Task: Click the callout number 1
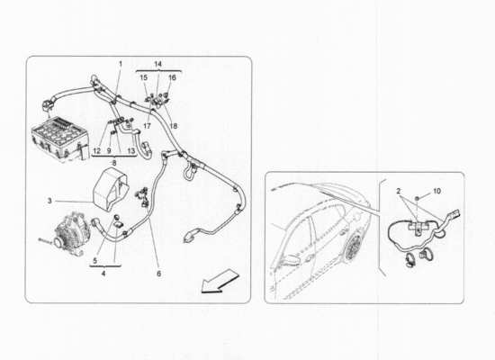click(120, 64)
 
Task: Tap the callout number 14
click(157, 64)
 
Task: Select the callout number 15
click(143, 78)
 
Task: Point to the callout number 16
click(172, 78)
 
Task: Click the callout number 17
click(146, 127)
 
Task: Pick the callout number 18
click(173, 127)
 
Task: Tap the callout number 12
click(95, 150)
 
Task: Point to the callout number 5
click(96, 260)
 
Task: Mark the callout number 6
click(159, 274)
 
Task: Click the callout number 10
click(438, 193)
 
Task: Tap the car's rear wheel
click(354, 244)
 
